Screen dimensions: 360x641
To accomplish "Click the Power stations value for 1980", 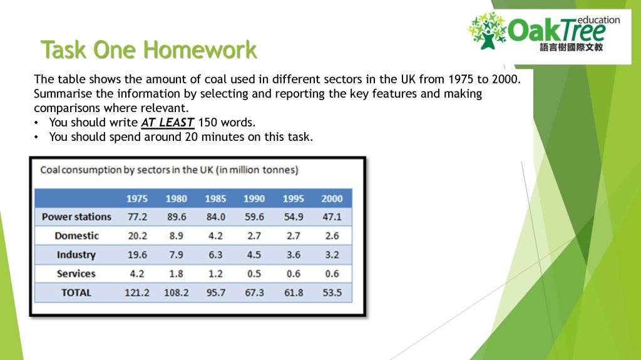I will click(x=176, y=217).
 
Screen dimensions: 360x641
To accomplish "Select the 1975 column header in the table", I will click(x=137, y=198).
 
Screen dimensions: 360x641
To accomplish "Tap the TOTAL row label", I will click(x=76, y=292).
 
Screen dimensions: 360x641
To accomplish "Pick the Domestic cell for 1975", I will click(x=137, y=235).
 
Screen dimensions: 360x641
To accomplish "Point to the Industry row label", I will click(x=76, y=255).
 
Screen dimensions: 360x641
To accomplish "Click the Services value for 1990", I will click(x=254, y=274).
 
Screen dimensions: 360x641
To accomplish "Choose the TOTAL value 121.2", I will click(x=137, y=292).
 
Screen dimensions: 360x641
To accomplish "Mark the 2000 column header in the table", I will click(x=332, y=198).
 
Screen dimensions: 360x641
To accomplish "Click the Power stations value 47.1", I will click(x=332, y=217).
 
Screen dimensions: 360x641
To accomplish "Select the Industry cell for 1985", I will click(x=215, y=255).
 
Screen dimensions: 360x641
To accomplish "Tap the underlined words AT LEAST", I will click(x=168, y=122).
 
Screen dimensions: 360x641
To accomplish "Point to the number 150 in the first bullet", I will click(x=207, y=122).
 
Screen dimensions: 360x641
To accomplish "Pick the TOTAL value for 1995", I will click(x=293, y=292).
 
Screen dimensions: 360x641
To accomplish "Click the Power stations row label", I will click(x=76, y=217).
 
